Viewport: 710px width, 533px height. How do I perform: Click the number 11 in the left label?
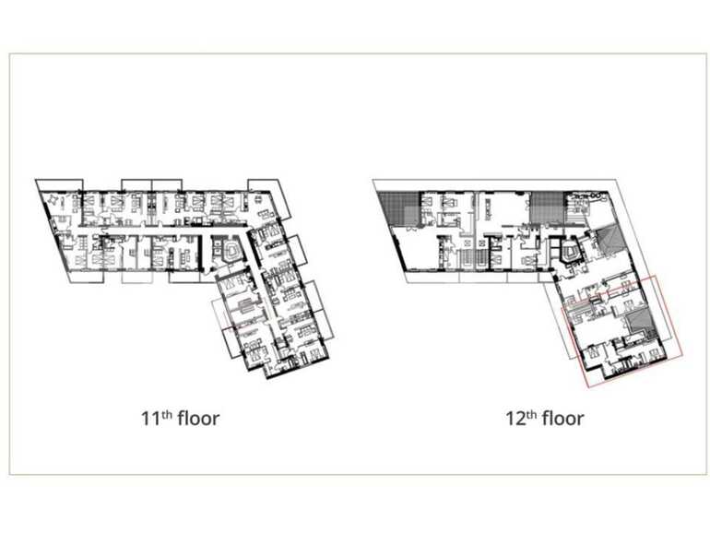148,419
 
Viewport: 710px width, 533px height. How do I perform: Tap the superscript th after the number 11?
164,413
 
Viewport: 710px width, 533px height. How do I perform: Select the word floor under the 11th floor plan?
195,419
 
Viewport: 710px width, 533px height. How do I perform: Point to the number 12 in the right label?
514,419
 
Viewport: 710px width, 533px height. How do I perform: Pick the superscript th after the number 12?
529,413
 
